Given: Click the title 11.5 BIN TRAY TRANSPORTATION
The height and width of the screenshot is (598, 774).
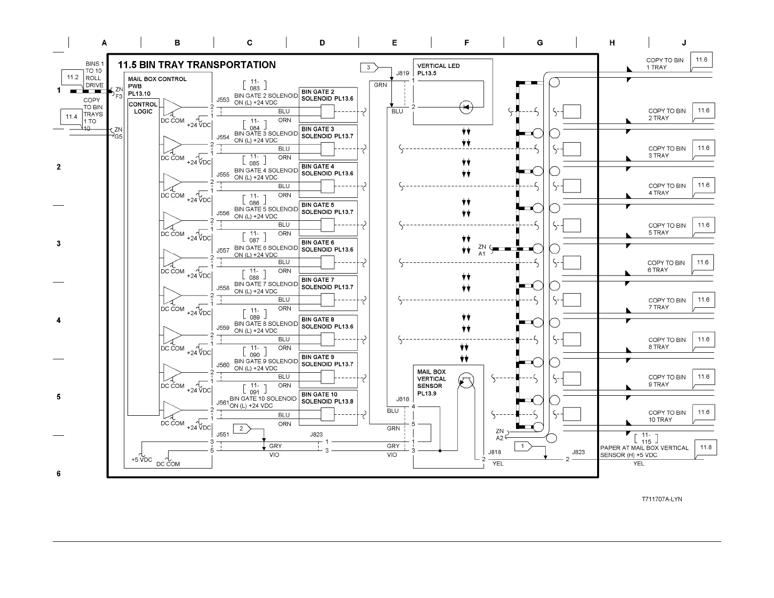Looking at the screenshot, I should click(x=196, y=65).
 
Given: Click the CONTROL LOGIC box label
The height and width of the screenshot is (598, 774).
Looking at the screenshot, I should click(x=143, y=108).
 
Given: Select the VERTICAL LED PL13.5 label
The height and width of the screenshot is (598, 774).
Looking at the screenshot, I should click(x=438, y=69).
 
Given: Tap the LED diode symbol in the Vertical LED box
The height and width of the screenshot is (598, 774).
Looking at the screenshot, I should click(x=466, y=107).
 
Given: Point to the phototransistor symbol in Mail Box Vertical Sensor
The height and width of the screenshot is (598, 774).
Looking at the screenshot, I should click(x=466, y=381).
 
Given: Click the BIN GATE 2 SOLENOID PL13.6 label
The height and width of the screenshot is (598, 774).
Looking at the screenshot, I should click(x=327, y=95).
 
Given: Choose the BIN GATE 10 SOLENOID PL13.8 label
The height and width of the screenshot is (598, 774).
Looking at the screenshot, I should click(x=327, y=398).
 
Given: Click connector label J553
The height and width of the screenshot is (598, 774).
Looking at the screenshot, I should click(x=223, y=100).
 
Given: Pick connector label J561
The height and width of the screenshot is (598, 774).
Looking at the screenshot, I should click(x=223, y=403).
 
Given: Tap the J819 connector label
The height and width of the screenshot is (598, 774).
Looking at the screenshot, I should click(x=403, y=73).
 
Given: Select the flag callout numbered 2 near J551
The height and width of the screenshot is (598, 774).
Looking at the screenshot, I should click(x=241, y=429).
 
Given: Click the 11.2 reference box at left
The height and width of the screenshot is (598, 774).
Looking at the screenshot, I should click(x=73, y=77).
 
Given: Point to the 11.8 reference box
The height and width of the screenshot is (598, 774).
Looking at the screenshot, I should click(x=706, y=448).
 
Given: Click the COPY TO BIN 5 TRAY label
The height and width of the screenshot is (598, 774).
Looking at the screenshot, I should click(x=666, y=229).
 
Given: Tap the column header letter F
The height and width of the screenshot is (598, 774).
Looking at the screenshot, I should click(x=467, y=43).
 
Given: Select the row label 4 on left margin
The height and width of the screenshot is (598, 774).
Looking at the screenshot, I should click(x=59, y=320).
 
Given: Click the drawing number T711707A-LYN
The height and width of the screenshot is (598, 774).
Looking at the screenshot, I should click(x=662, y=499).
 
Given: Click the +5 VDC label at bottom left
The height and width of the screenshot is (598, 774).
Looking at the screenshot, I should click(x=141, y=460).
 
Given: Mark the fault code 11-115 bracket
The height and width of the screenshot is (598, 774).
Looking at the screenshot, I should click(x=646, y=438).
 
